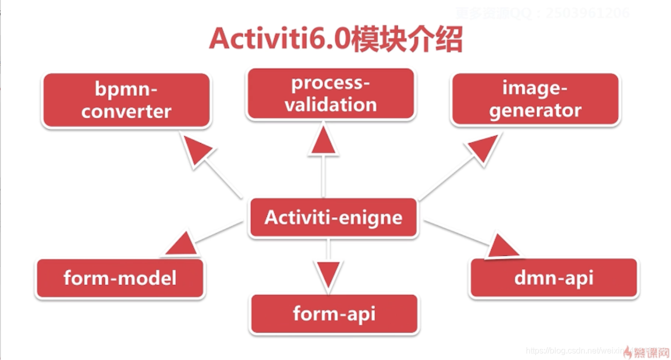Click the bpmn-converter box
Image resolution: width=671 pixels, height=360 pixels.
[x=126, y=100]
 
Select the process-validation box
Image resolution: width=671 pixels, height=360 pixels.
[x=331, y=94]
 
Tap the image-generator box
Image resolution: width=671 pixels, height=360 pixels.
[x=535, y=99]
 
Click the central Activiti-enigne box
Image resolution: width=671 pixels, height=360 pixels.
[x=333, y=217]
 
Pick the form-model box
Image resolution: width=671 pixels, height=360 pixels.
[x=120, y=278]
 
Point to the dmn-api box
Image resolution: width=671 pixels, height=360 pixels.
[x=554, y=278]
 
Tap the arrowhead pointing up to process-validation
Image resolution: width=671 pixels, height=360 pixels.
[x=323, y=141]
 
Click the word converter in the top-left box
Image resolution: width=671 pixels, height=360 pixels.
[x=126, y=111]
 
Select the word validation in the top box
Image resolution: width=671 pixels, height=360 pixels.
[x=331, y=105]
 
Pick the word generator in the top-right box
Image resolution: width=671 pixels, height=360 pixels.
[x=535, y=110]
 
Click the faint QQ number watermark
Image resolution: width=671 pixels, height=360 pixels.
[x=542, y=13]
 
